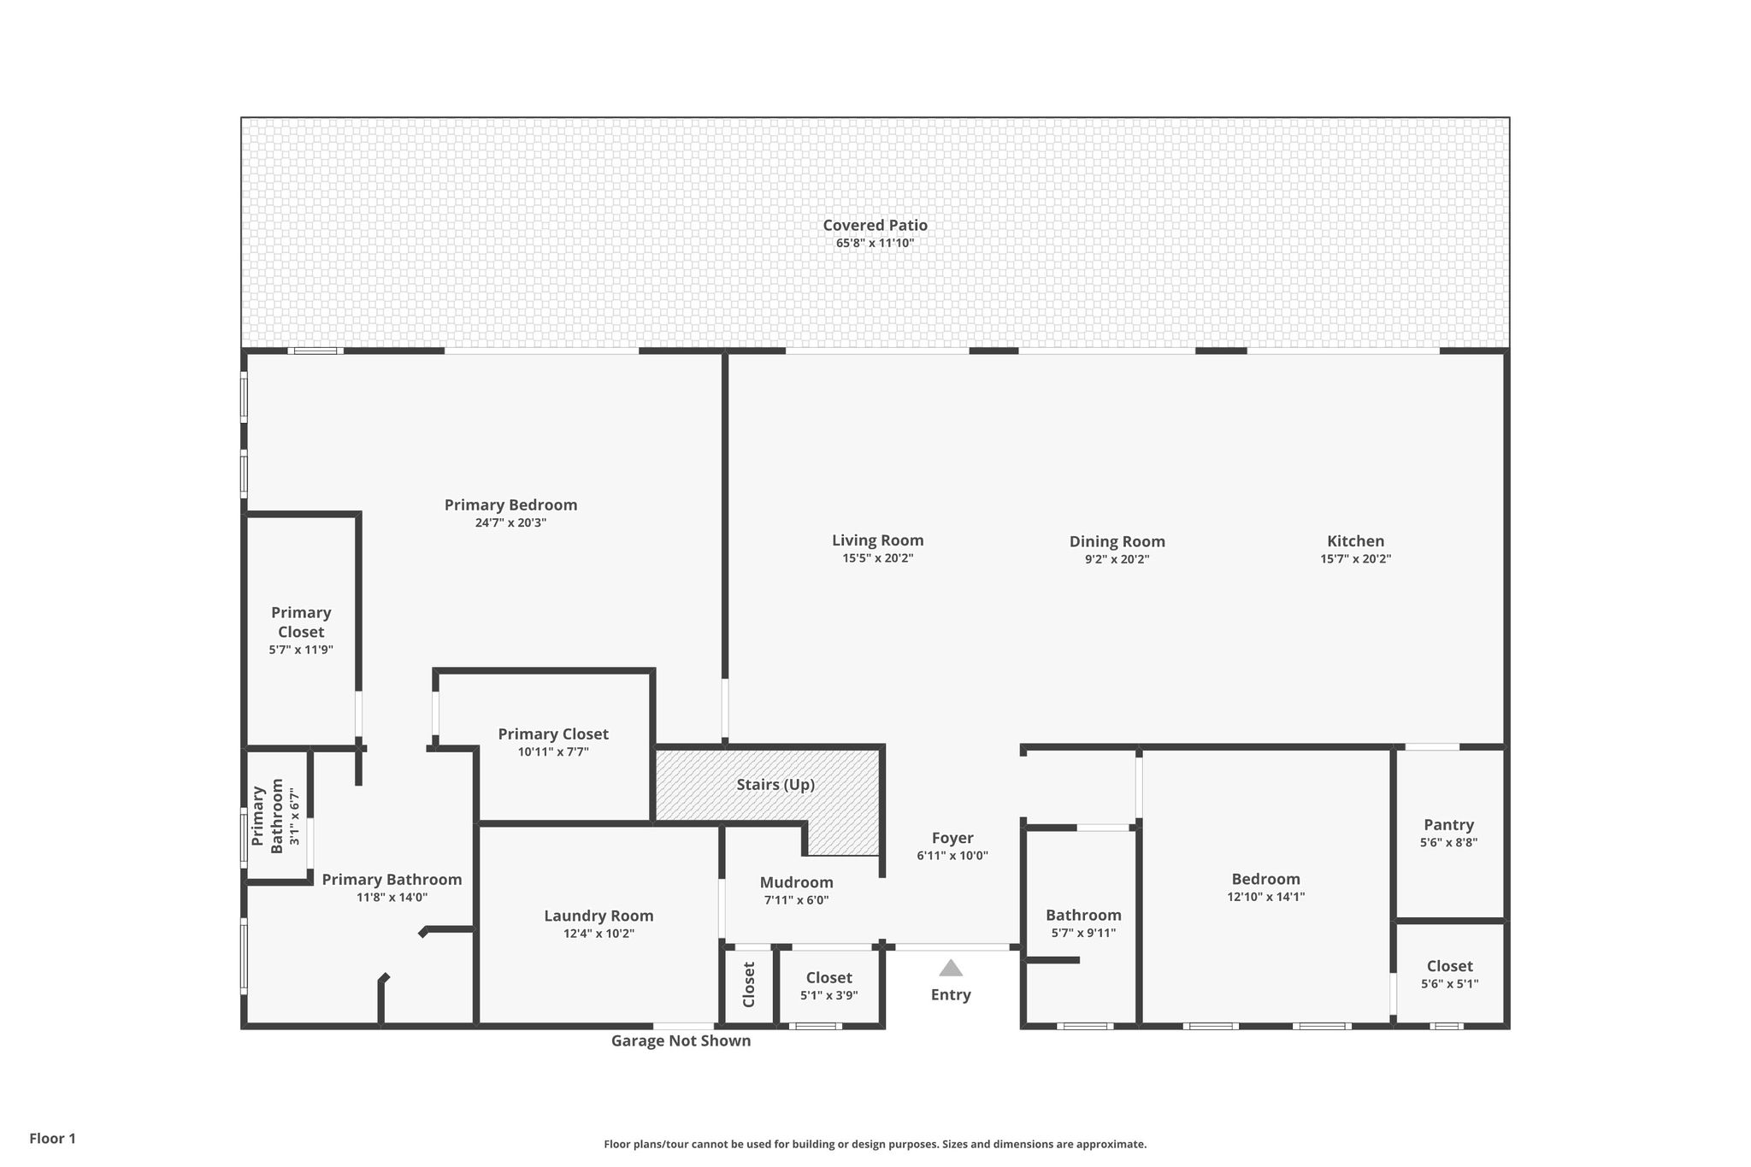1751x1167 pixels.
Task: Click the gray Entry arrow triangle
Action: tap(951, 968)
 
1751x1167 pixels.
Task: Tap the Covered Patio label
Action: tap(875, 225)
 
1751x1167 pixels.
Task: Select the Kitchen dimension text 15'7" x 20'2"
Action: tap(1355, 559)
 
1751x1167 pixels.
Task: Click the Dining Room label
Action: tap(1117, 541)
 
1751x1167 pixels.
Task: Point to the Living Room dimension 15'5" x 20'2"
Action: tap(878, 558)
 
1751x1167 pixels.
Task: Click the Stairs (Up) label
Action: tap(775, 784)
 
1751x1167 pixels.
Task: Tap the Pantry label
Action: tap(1448, 824)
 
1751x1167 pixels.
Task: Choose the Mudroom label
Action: tap(796, 882)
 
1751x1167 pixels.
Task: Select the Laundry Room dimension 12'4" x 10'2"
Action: tap(598, 934)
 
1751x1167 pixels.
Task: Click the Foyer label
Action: tap(952, 838)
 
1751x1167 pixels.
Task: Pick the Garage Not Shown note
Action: tap(681, 1040)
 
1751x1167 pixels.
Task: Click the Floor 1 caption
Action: tap(52, 1138)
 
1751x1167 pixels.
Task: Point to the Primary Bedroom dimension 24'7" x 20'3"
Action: tap(510, 522)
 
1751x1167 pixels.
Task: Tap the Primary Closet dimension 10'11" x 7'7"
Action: tap(553, 751)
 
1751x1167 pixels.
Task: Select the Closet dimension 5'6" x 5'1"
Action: tap(1449, 984)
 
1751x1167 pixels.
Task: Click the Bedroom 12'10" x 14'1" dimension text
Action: tap(1265, 897)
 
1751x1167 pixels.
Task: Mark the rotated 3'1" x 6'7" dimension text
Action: tap(294, 816)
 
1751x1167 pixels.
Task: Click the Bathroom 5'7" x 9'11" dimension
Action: tap(1083, 933)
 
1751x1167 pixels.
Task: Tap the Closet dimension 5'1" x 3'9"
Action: tap(828, 995)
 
